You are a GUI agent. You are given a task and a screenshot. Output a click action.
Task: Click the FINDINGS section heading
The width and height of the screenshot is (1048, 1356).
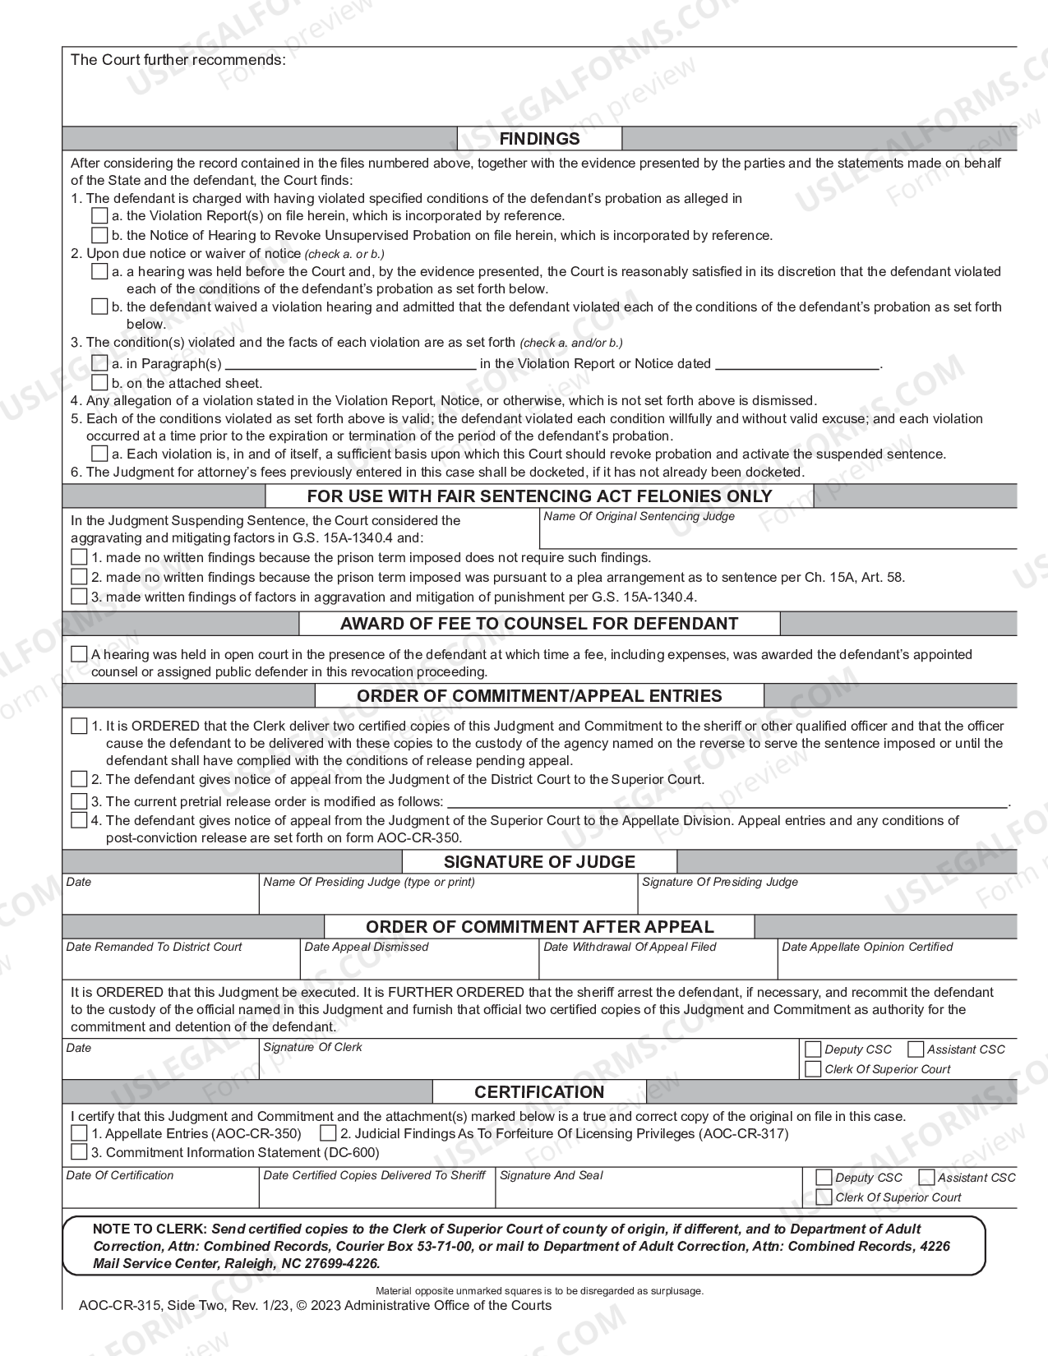pyautogui.click(x=539, y=139)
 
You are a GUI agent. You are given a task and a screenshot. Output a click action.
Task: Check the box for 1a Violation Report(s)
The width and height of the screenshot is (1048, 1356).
pyautogui.click(x=99, y=216)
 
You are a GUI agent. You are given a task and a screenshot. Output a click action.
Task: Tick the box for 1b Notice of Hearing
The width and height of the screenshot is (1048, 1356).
pyautogui.click(x=99, y=236)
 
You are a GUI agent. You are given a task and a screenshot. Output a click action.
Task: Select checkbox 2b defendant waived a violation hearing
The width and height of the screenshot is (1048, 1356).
pyautogui.click(x=99, y=307)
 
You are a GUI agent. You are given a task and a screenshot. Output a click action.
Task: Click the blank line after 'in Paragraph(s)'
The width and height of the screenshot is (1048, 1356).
pyautogui.click(x=350, y=363)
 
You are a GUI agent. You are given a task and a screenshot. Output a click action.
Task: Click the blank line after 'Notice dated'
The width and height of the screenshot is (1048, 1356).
pyautogui.click(x=796, y=363)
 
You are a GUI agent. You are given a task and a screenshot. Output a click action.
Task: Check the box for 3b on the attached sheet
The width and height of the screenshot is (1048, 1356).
pyautogui.click(x=99, y=383)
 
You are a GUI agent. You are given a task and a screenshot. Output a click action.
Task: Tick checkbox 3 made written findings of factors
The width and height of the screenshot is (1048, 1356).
pyautogui.click(x=79, y=597)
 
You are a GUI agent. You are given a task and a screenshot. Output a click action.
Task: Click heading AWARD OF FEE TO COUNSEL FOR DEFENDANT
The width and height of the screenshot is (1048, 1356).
pyautogui.click(x=539, y=624)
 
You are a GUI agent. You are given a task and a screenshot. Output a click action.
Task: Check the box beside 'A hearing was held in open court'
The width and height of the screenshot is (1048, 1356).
pyautogui.click(x=79, y=655)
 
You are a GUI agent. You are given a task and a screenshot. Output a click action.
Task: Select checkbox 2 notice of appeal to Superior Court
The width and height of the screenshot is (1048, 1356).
pyautogui.click(x=79, y=779)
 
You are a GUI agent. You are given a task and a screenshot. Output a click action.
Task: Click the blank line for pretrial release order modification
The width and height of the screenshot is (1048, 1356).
pyautogui.click(x=727, y=801)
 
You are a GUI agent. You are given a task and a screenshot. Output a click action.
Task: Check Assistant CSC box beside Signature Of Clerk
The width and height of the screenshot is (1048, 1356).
pyautogui.click(x=916, y=1049)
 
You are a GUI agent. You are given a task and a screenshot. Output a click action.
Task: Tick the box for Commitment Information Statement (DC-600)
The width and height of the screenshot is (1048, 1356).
pyautogui.click(x=79, y=1152)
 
